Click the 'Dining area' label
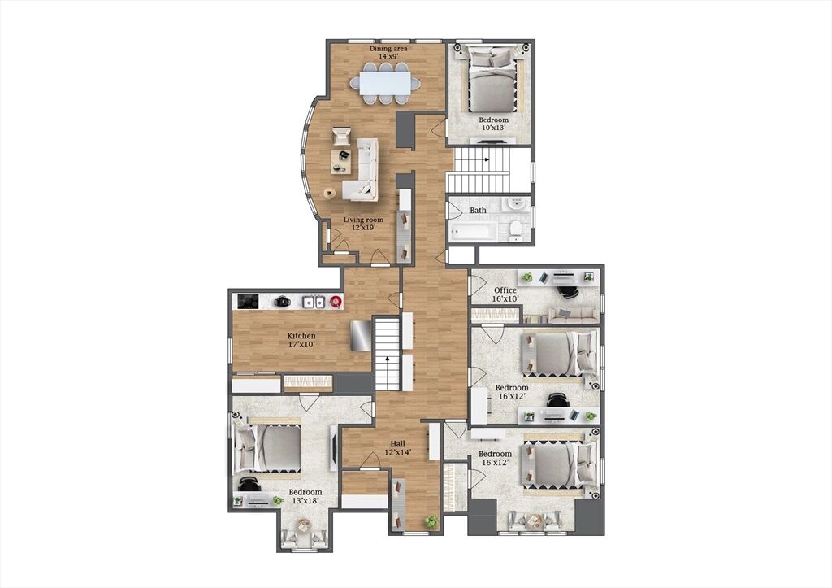point(388,48)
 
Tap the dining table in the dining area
point(384,84)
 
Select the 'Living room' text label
point(363,220)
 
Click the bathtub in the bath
point(474,231)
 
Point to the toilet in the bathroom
point(515,229)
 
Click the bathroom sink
point(515,204)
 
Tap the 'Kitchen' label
point(301,336)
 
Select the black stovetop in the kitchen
point(248,302)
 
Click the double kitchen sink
point(314,302)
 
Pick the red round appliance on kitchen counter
point(336,302)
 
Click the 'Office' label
point(505,290)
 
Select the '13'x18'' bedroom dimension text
point(305,501)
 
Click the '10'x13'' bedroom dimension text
point(493,128)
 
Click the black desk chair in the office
point(568,290)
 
